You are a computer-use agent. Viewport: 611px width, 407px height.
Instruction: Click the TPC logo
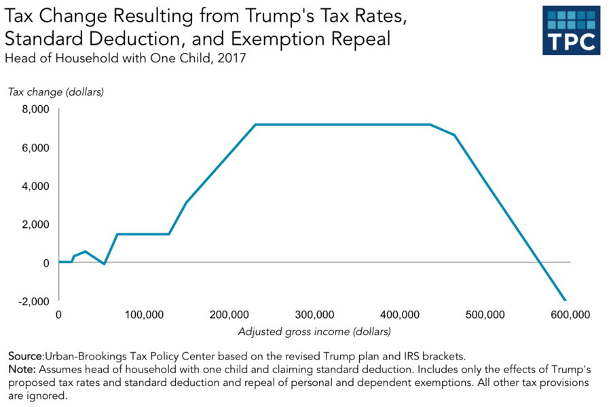pos(572,31)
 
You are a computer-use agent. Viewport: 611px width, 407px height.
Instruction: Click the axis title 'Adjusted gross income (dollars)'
pos(314,332)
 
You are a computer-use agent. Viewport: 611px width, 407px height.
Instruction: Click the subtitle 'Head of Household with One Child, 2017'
pos(125,58)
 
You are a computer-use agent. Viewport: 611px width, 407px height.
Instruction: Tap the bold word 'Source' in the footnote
pos(25,356)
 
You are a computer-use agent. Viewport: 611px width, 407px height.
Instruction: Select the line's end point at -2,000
pos(564,300)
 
